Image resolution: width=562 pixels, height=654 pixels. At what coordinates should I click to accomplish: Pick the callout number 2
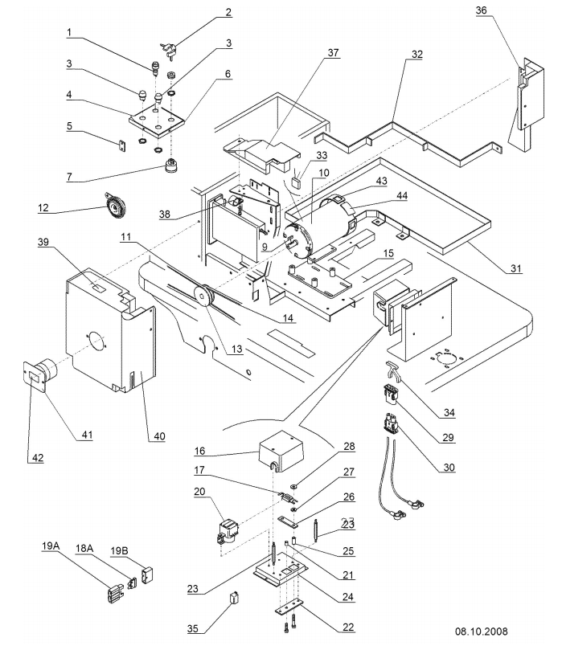pos(228,12)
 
